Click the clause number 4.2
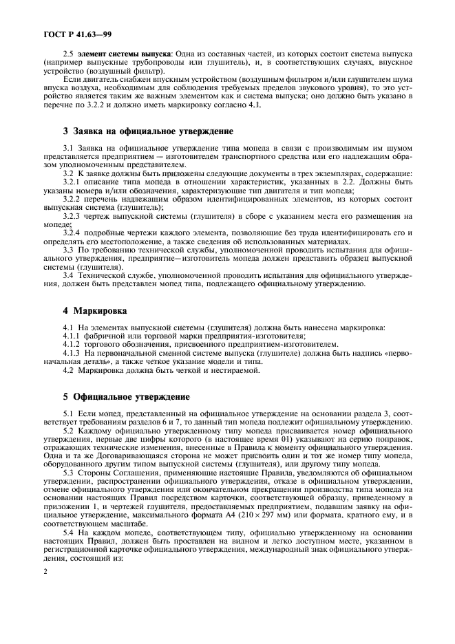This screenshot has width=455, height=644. pos(67,370)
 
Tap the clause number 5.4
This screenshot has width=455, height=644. pos(67,533)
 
